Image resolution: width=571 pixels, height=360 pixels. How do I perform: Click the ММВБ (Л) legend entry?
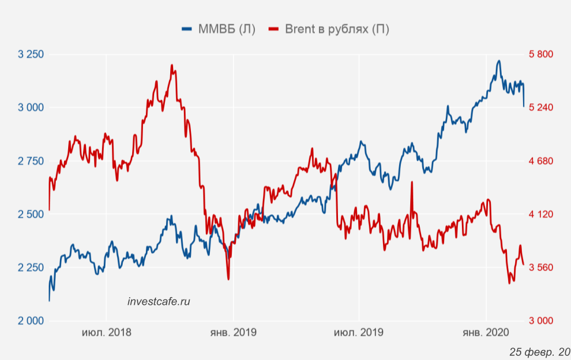[219, 29]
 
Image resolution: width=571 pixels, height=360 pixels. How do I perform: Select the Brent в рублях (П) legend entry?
[330, 29]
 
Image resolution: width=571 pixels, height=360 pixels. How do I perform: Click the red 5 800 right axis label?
[541, 54]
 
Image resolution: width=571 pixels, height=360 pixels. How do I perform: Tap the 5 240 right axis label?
[541, 107]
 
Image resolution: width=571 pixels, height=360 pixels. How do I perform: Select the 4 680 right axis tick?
[541, 161]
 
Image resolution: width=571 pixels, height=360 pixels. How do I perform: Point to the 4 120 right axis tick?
[541, 214]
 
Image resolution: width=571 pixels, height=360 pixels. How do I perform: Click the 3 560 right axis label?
[541, 267]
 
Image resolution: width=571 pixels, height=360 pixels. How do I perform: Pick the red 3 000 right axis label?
[541, 321]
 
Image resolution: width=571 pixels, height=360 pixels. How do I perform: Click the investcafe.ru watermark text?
[159, 301]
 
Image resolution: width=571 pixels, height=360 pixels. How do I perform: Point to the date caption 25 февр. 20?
[539, 352]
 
